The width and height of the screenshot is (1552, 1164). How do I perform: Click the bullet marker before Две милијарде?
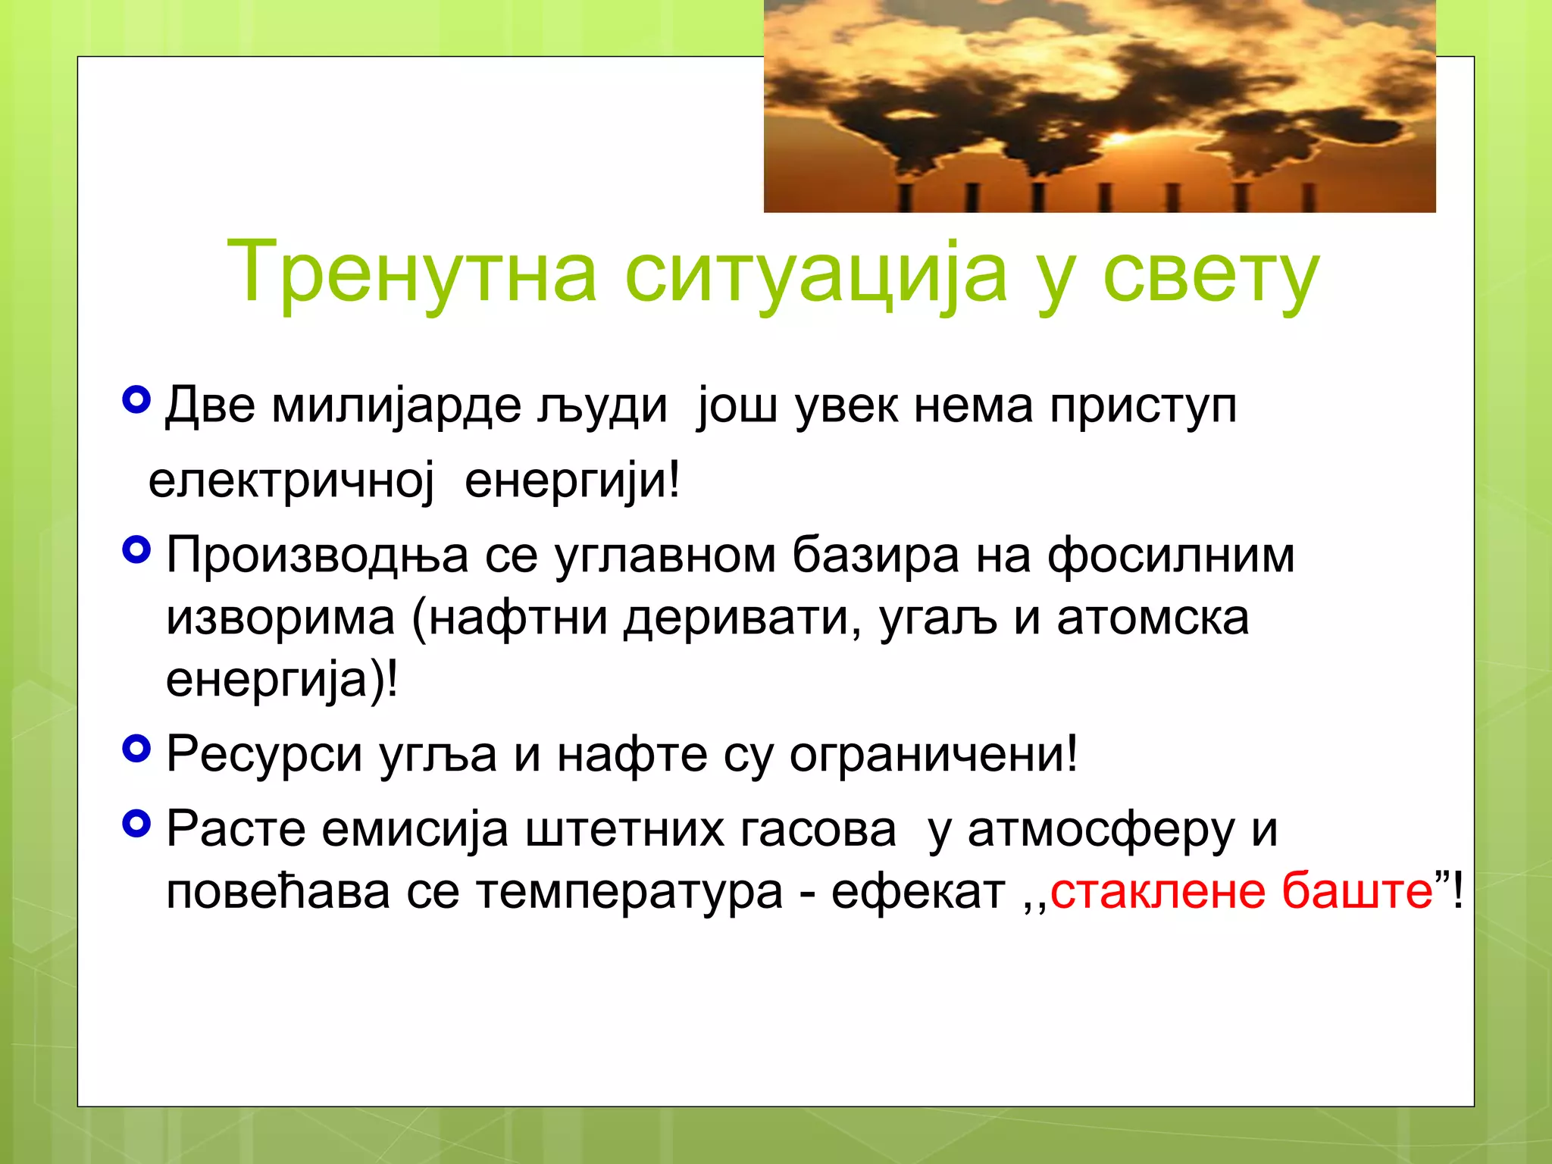(136, 399)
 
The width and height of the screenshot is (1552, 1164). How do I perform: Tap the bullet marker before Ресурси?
(136, 749)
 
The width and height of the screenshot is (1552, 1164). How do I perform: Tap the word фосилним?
(1171, 555)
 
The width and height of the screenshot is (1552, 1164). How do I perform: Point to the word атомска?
(1153, 618)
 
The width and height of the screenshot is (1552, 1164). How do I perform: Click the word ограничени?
(932, 754)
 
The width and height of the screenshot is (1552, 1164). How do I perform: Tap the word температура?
(629, 892)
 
